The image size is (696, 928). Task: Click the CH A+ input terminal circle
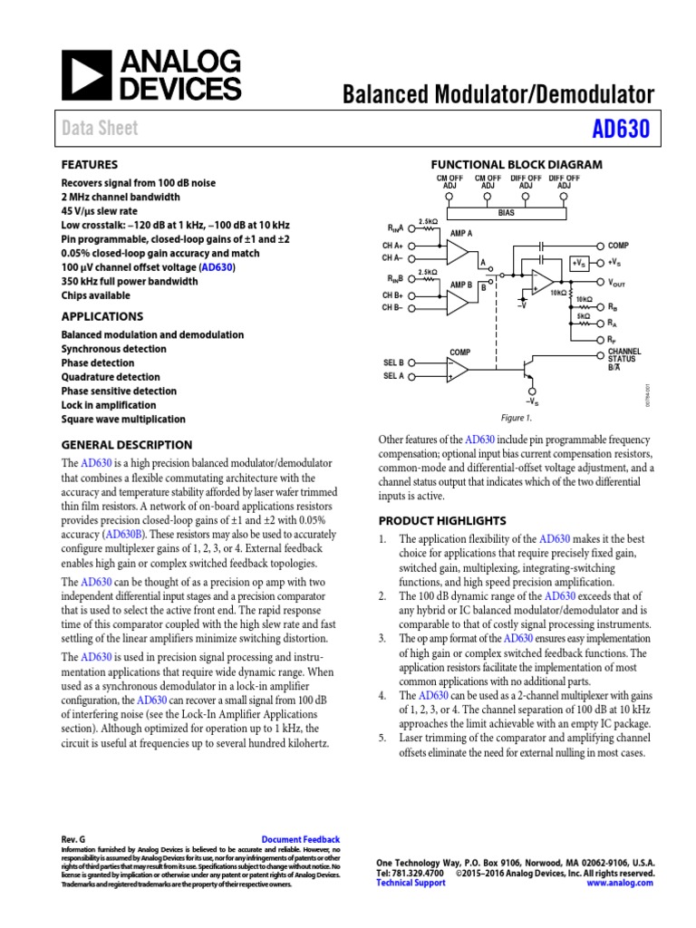click(x=412, y=245)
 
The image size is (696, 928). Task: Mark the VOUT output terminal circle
click(x=600, y=282)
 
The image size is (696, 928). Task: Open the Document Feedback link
click(x=300, y=839)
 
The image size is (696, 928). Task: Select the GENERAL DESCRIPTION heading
click(x=126, y=444)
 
